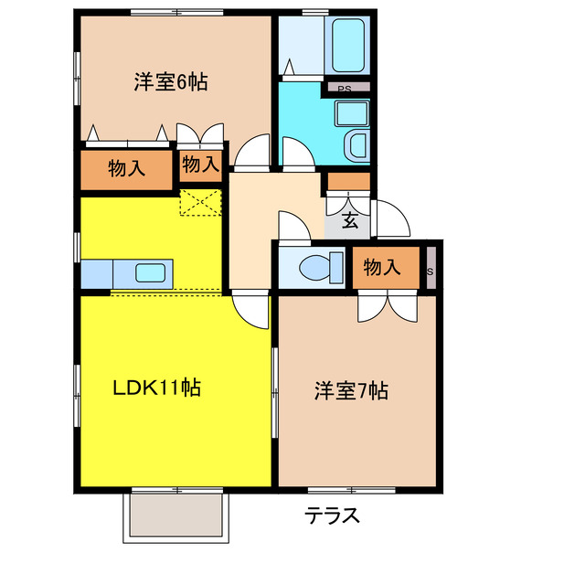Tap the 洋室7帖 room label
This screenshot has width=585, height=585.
click(x=352, y=391)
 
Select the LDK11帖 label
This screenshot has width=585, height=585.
click(x=156, y=388)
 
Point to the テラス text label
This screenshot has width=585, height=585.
click(x=332, y=516)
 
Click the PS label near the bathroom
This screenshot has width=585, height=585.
click(x=345, y=89)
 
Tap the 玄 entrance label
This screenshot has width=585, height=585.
click(x=350, y=220)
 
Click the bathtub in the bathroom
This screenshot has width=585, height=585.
click(x=347, y=46)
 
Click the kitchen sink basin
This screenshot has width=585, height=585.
click(x=152, y=272)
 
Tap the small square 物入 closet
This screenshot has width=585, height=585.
click(x=200, y=165)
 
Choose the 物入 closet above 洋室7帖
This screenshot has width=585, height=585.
click(x=382, y=267)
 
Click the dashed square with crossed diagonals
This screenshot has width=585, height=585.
click(x=201, y=203)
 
